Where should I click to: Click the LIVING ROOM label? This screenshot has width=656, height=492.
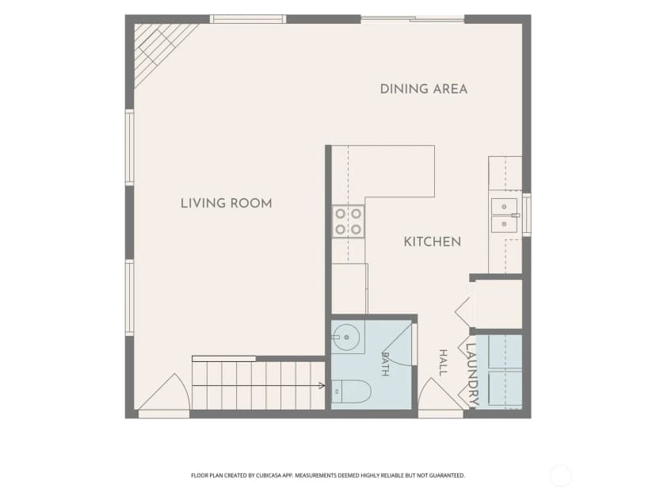[x=227, y=204]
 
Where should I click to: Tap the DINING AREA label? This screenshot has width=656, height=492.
[x=424, y=89]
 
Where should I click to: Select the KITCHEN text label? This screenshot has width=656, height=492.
[x=433, y=242]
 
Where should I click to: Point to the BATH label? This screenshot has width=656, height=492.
[x=385, y=364]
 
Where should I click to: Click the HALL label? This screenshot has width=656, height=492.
[x=443, y=362]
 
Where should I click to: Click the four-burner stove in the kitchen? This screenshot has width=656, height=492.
[x=349, y=222]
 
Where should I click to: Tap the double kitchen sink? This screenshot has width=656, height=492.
[x=505, y=215]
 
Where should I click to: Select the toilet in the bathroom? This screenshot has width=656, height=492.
[x=352, y=392]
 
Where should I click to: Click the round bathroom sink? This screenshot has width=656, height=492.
[x=346, y=338]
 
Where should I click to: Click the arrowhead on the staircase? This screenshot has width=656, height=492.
[x=322, y=386]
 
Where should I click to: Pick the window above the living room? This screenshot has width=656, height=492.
[x=248, y=19]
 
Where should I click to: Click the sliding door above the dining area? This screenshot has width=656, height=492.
[x=413, y=19]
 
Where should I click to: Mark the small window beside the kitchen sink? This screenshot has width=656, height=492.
[x=527, y=214]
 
